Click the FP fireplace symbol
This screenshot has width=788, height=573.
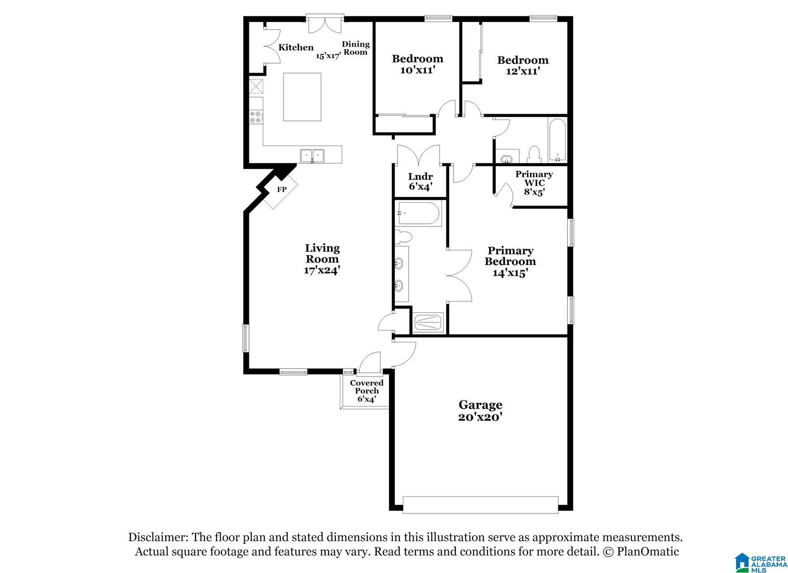pyautogui.click(x=281, y=190)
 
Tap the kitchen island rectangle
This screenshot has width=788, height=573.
pyautogui.click(x=302, y=97)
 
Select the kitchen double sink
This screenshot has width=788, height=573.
pyautogui.click(x=313, y=156)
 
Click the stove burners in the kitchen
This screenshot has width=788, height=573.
pyautogui.click(x=256, y=117)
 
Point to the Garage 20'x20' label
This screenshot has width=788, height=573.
pyautogui.click(x=480, y=411)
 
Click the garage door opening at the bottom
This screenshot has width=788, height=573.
pyautogui.click(x=480, y=505)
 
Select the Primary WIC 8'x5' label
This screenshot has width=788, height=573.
pyautogui.click(x=534, y=183)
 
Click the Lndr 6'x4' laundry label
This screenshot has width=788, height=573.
pyautogui.click(x=420, y=181)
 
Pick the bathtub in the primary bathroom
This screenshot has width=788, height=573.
pyautogui.click(x=419, y=214)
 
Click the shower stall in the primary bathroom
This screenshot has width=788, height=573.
pyautogui.click(x=428, y=322)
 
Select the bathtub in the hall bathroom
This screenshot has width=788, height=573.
pyautogui.click(x=557, y=139)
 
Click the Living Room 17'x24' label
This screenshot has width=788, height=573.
pyautogui.click(x=322, y=259)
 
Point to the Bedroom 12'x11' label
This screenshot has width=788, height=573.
pyautogui.click(x=522, y=65)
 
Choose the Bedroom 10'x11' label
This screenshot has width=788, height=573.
pyautogui.click(x=417, y=64)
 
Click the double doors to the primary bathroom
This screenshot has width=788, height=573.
pyautogui.click(x=459, y=274)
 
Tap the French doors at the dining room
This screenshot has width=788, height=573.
pyautogui.click(x=325, y=25)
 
